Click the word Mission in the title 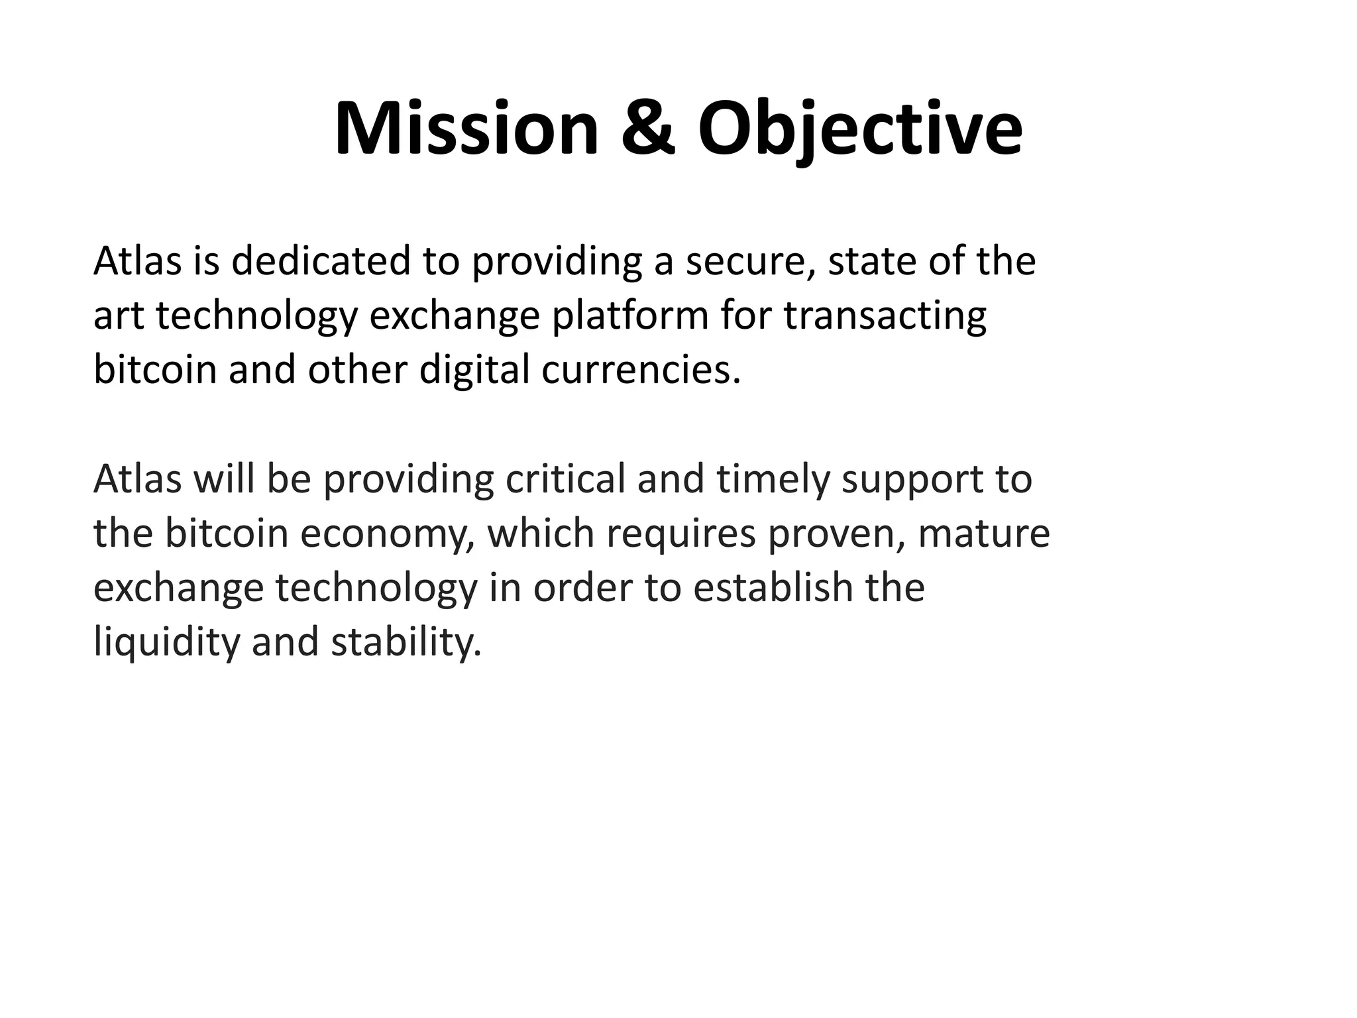coord(466,129)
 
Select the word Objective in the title coord(860,129)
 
